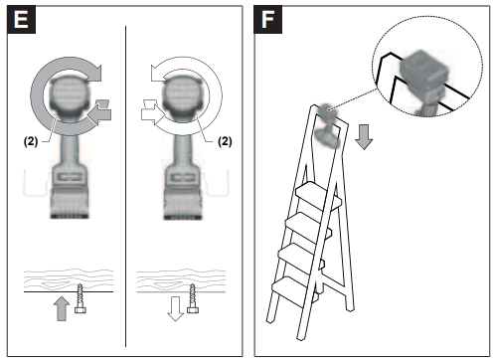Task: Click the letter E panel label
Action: click(21, 19)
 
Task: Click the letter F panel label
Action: click(268, 19)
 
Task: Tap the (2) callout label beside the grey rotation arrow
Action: click(31, 141)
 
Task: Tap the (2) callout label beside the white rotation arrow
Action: click(225, 141)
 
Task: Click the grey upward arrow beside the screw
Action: click(62, 308)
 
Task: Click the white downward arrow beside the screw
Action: click(175, 308)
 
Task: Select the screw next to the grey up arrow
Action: click(81, 298)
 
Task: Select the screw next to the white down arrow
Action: click(193, 298)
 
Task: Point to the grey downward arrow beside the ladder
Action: click(364, 137)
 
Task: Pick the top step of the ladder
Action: click(318, 196)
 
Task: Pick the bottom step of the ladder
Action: click(293, 291)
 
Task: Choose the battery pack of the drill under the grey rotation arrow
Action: click(70, 202)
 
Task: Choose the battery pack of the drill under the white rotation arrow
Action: click(183, 203)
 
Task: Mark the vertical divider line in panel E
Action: click(125, 186)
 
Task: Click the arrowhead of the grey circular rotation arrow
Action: click(93, 73)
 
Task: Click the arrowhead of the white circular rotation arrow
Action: click(159, 73)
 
